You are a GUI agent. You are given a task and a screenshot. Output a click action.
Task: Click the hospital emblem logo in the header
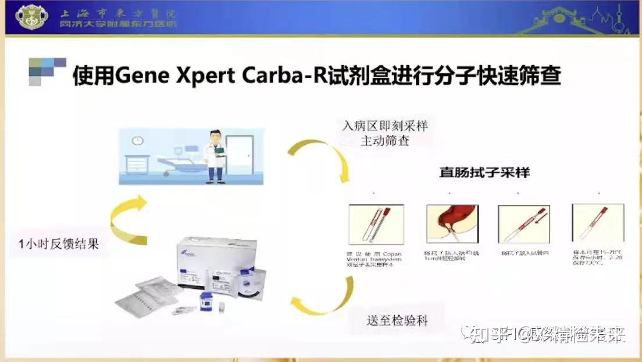[33, 17]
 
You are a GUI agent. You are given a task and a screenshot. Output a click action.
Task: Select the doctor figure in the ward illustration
[216, 156]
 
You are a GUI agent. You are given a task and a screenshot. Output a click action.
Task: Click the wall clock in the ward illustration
[137, 141]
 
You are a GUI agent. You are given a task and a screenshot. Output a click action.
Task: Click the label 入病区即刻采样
[385, 126]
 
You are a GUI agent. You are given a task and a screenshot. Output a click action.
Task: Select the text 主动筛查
[385, 141]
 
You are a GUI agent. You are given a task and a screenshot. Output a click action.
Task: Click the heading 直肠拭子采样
[484, 173]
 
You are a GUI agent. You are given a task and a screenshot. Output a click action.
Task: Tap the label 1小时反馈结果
[58, 243]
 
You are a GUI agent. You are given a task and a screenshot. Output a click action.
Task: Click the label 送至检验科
[397, 320]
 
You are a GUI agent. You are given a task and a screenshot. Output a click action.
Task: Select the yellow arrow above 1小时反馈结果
[129, 219]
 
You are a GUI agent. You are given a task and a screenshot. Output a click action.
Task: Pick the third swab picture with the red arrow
[524, 224]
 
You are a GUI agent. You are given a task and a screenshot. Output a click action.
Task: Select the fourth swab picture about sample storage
[597, 224]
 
